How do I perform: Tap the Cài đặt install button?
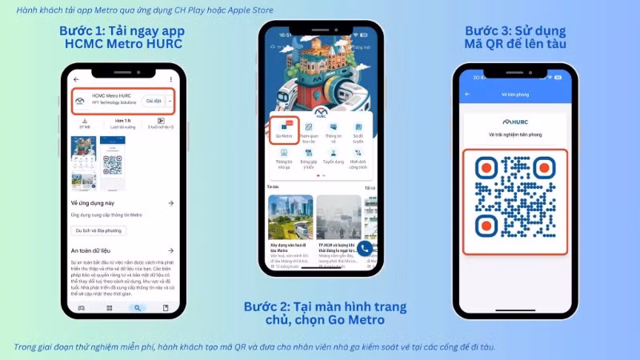point(152,101)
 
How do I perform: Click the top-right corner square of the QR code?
point(545,168)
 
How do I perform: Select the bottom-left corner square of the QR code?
point(486,226)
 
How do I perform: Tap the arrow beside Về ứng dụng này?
point(170,204)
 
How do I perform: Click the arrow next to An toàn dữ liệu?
point(170,250)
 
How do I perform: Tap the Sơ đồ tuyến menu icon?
point(358,130)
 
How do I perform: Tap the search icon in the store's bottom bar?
point(138,307)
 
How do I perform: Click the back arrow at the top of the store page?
point(76,79)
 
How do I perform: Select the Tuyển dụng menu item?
point(333,156)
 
